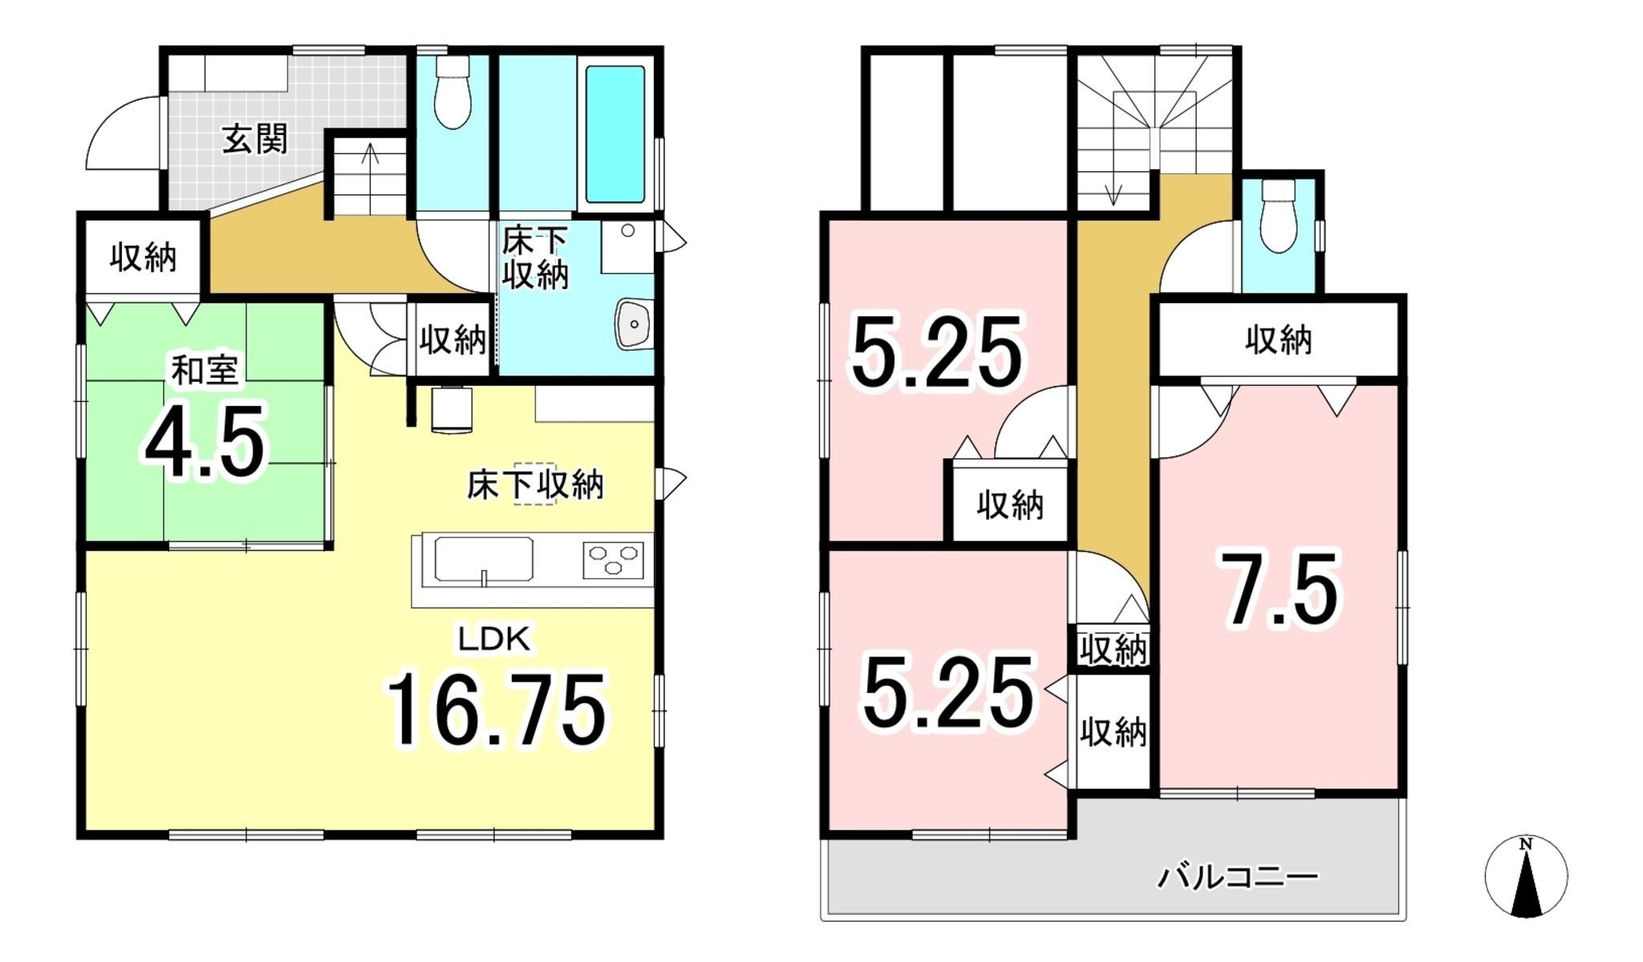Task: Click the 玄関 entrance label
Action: tap(254, 140)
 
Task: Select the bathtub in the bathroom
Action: tap(615, 134)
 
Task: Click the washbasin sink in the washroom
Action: tap(635, 324)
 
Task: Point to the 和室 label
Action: tap(205, 371)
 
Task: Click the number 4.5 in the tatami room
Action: tap(205, 442)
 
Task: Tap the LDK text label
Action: tap(493, 639)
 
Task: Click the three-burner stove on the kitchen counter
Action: tap(614, 560)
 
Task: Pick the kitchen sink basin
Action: tap(483, 559)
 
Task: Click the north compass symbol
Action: tap(1525, 877)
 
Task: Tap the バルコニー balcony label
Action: tap(1237, 877)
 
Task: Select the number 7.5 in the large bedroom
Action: tap(1281, 590)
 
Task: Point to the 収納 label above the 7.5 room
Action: tap(1278, 340)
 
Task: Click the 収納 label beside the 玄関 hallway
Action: tap(143, 258)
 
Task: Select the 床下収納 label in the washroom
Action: tap(535, 258)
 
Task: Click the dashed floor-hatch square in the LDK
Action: tap(534, 484)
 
